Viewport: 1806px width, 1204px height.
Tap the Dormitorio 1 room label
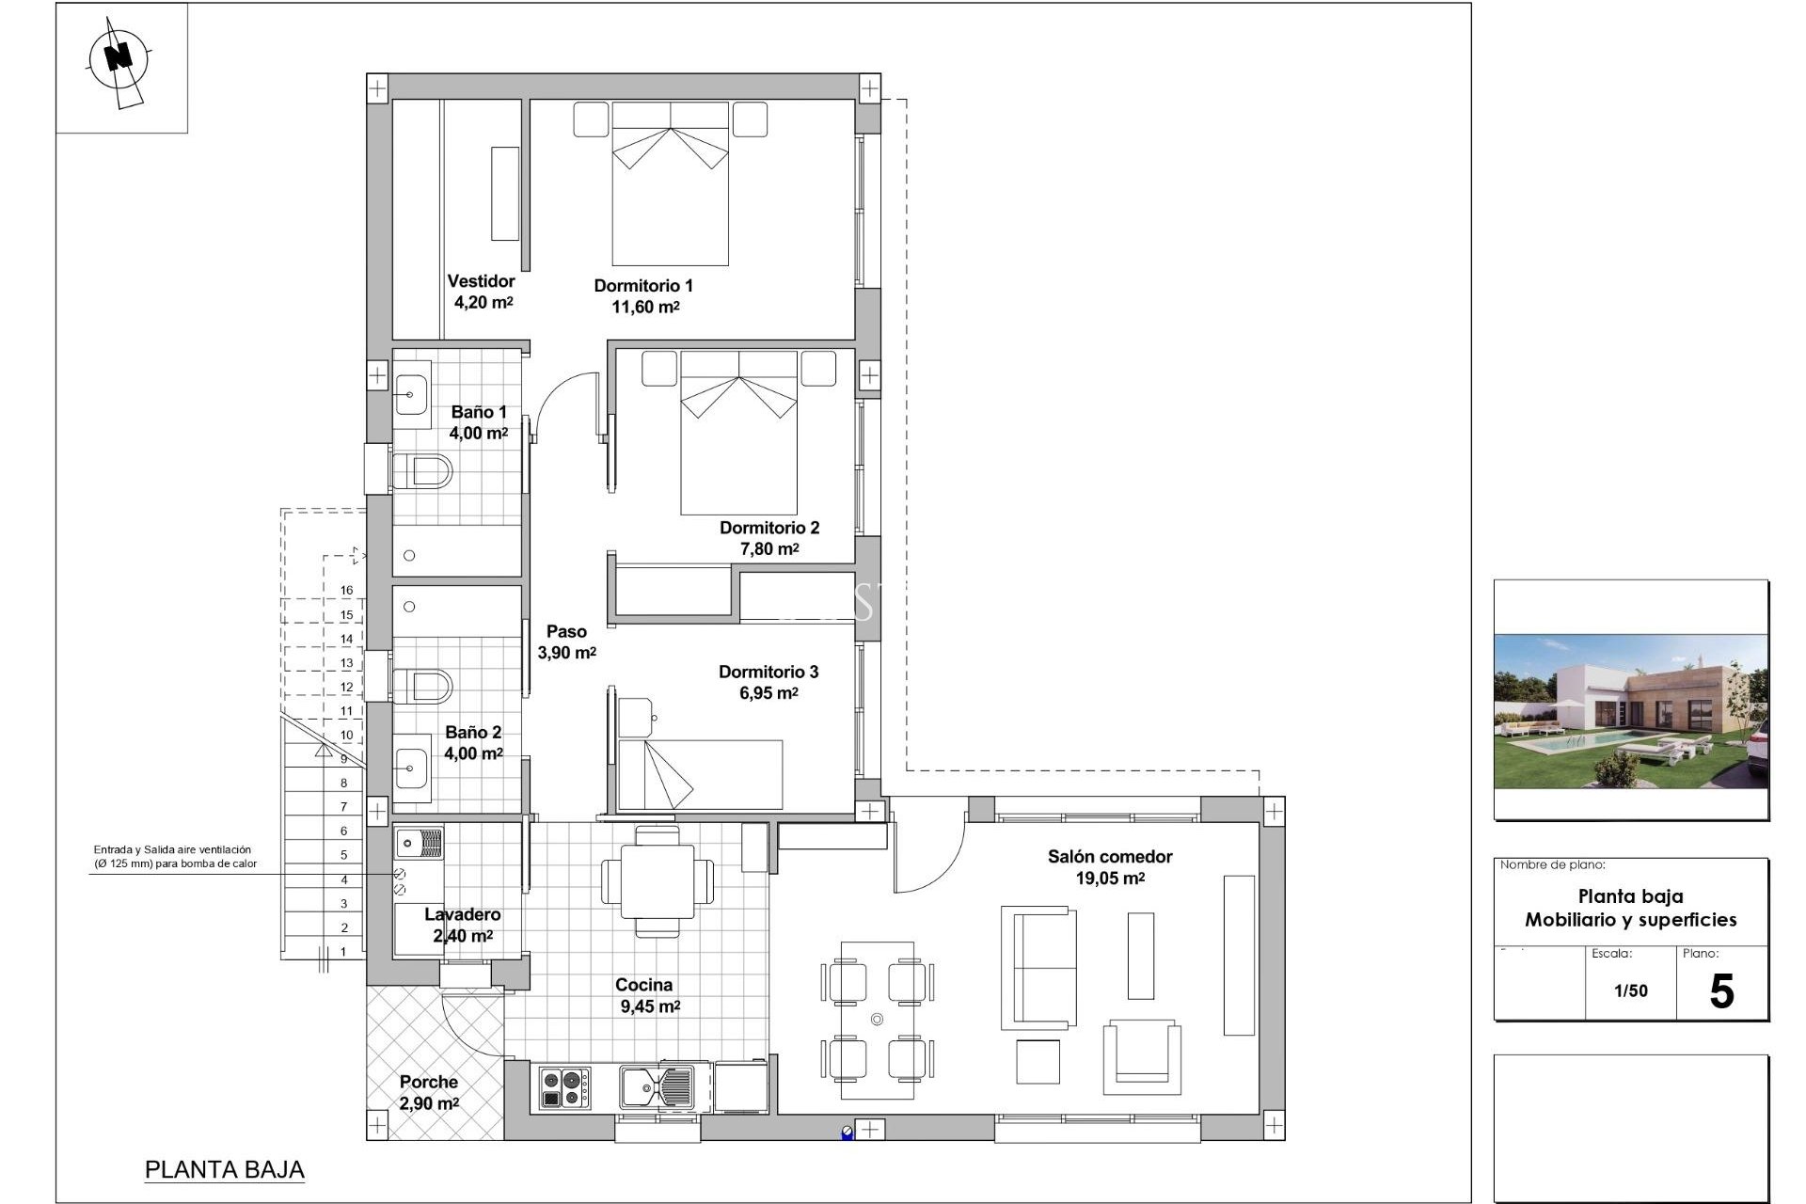click(x=643, y=286)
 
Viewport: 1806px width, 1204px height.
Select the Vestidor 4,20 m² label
click(x=482, y=292)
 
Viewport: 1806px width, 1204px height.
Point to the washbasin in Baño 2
click(x=411, y=770)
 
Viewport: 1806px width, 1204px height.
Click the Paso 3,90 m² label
click(x=566, y=642)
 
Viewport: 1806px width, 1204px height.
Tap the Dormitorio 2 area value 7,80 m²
click(x=769, y=549)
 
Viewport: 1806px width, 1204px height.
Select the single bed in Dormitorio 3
click(x=700, y=774)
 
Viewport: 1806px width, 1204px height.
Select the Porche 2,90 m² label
click(x=429, y=1093)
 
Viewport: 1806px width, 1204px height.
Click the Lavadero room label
click(x=462, y=914)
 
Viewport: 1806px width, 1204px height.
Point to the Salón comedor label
click(x=1110, y=857)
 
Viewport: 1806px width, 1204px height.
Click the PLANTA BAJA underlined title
click(x=225, y=1169)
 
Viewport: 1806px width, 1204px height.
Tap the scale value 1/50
click(x=1630, y=990)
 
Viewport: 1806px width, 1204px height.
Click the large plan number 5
click(x=1720, y=992)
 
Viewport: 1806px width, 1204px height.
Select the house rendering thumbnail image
click(x=1631, y=711)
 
